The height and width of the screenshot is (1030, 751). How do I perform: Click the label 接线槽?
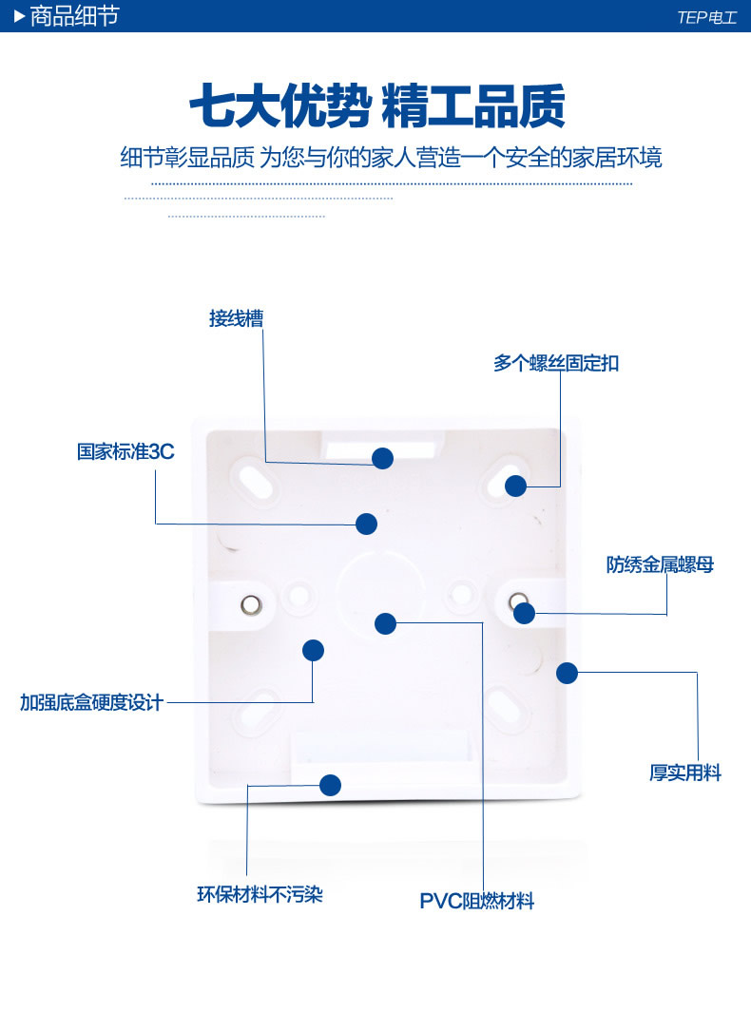point(236,318)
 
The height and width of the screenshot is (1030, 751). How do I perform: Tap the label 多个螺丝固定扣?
point(556,363)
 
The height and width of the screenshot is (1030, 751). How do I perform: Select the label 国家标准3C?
point(125,451)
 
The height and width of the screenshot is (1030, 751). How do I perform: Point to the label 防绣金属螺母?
point(660,565)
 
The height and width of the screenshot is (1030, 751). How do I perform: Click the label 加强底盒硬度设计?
point(92,703)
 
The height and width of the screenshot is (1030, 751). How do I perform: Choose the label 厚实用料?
point(684,773)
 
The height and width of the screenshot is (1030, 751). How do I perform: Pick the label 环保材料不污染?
point(260,895)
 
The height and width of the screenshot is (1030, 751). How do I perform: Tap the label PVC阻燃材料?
point(476,902)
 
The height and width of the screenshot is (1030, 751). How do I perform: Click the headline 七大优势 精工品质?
point(376,106)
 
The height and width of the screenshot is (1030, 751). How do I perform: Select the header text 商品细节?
point(74,16)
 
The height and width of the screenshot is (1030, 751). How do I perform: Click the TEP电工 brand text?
point(706,17)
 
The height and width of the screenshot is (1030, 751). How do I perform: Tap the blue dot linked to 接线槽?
point(383,459)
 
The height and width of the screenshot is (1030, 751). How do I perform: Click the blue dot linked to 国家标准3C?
point(367,524)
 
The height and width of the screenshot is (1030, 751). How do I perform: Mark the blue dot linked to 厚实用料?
point(568,674)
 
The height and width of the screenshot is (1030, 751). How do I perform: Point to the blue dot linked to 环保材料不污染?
point(331,786)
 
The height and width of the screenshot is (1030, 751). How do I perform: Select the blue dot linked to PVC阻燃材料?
point(385,624)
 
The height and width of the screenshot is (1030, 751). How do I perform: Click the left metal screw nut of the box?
point(249,603)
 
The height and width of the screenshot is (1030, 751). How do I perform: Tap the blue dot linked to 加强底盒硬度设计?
point(314,651)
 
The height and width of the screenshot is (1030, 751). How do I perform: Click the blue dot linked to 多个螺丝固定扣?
point(515,486)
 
